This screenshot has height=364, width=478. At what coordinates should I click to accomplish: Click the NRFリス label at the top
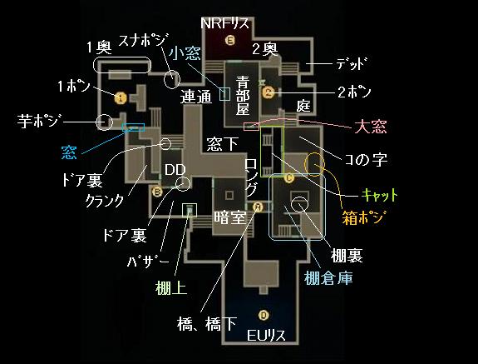224,23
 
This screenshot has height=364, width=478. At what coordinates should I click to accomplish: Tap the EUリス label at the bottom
266,336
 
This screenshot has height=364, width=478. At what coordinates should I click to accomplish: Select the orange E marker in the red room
230,40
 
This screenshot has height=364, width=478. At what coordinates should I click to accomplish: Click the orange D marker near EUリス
264,315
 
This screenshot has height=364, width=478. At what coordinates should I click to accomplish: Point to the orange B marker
157,192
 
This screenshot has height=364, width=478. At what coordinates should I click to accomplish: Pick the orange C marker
288,178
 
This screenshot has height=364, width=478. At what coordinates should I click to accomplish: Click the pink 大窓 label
371,127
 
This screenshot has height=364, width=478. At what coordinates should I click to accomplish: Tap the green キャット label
380,195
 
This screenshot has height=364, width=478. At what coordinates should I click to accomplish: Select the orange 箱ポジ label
362,217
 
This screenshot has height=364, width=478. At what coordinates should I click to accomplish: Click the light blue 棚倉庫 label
328,278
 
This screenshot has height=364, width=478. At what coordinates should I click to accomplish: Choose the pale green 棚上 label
170,287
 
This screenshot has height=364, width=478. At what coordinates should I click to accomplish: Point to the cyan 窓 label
69,152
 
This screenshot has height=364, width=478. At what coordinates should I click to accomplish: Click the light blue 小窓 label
185,53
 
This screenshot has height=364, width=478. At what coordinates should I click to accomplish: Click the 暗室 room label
229,217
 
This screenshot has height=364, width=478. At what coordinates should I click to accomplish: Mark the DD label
175,170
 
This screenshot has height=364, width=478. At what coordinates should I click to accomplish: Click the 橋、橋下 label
207,324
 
